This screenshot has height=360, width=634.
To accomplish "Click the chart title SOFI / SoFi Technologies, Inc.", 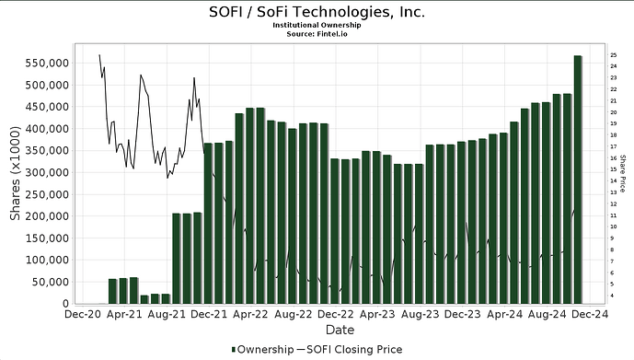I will [x=317, y=13].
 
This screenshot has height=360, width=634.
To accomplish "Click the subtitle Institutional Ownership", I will [x=317, y=25].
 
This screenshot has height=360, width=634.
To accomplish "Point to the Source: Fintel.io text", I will [x=317, y=34].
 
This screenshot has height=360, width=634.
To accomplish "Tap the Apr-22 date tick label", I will [x=251, y=314].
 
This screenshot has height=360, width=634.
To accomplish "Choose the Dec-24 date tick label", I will [x=585, y=314].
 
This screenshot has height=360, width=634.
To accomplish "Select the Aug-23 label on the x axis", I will [x=419, y=314].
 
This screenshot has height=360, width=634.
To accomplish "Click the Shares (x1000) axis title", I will [x=16, y=175].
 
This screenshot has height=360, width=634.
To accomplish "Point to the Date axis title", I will [x=339, y=329].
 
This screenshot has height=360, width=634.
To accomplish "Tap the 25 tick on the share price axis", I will [x=613, y=55].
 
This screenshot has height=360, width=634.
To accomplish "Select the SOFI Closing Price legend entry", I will [x=355, y=350].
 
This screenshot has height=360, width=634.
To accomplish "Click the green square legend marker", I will [x=233, y=350].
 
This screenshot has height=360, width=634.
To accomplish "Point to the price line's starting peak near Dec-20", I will [x=99, y=55].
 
